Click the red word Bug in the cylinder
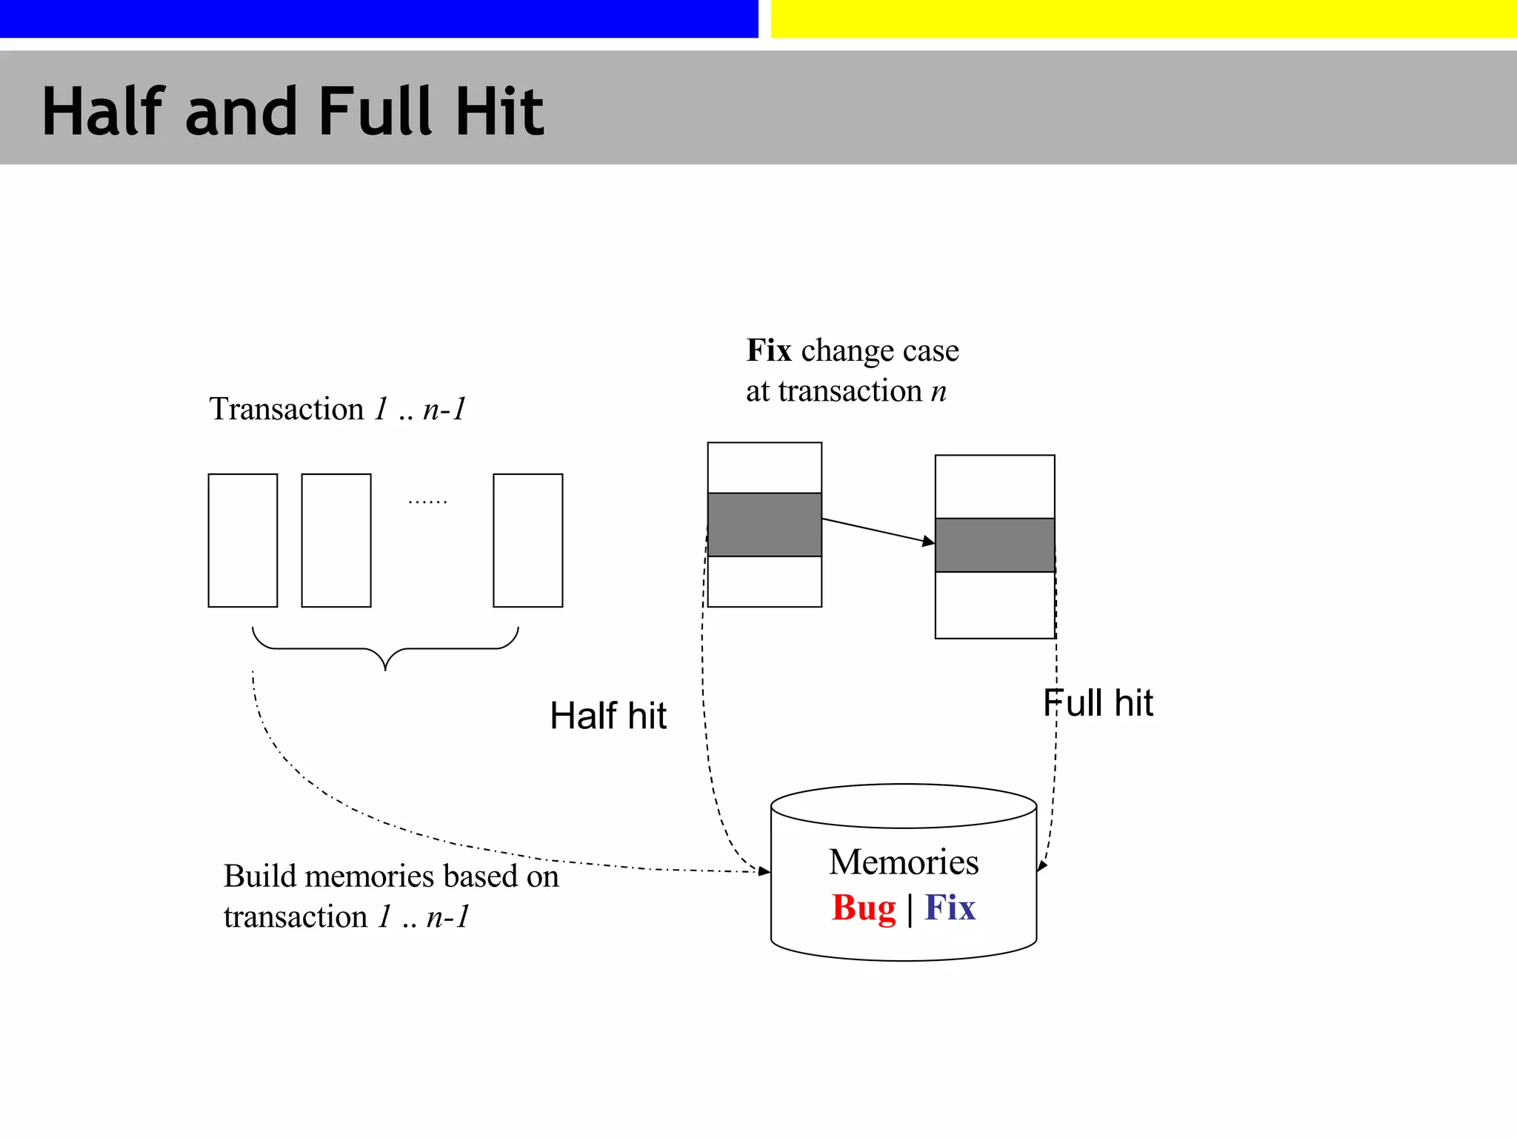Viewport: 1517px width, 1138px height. [863, 908]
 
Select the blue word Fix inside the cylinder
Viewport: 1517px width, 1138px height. [950, 908]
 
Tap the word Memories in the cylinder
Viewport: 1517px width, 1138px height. [904, 862]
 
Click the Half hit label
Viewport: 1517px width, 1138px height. [607, 716]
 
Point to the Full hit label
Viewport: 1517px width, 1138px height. [1098, 703]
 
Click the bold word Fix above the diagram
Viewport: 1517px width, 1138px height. [768, 350]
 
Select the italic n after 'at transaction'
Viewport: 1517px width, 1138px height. [938, 391]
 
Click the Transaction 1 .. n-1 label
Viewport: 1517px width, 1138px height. [338, 409]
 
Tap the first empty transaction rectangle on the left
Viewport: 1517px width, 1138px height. [243, 540]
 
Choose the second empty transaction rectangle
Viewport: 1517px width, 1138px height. [336, 540]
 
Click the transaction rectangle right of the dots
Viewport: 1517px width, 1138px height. [528, 540]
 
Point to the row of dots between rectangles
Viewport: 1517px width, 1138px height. [427, 502]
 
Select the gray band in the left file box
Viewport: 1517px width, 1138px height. [764, 525]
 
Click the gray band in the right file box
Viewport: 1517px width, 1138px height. [995, 545]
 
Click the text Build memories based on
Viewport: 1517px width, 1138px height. [391, 876]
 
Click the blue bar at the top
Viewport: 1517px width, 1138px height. [379, 19]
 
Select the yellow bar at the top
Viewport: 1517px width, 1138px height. [1144, 19]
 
